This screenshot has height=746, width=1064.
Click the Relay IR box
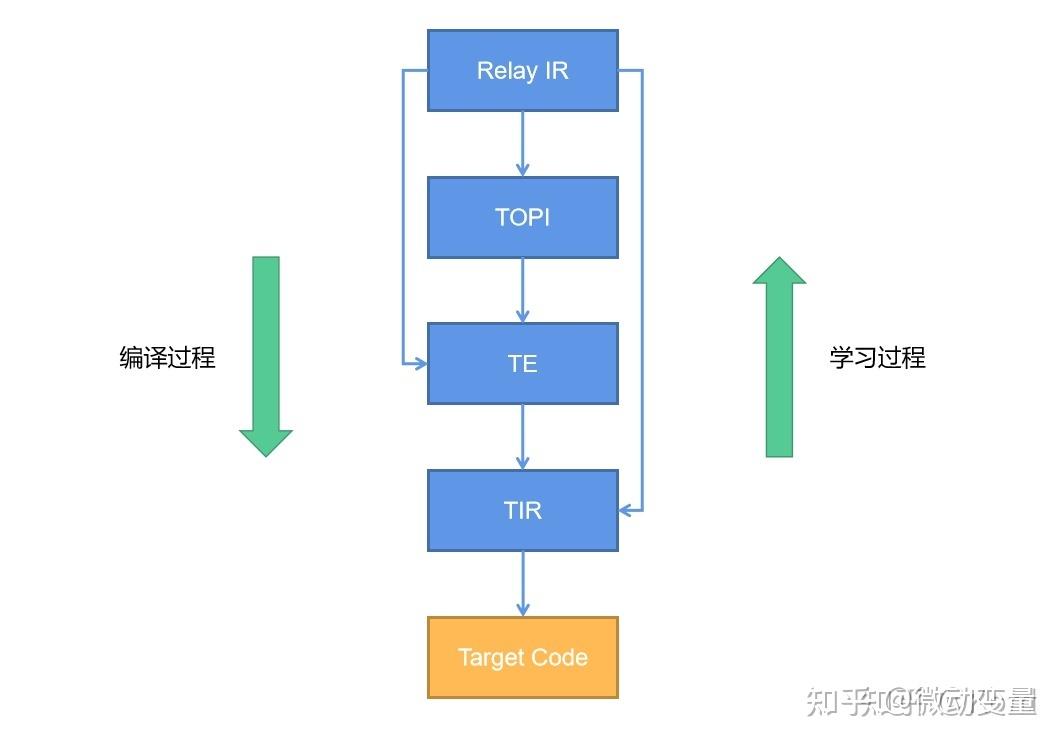click(522, 70)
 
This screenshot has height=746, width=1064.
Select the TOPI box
click(522, 217)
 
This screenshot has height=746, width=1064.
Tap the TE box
click(522, 363)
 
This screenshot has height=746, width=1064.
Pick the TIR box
click(522, 510)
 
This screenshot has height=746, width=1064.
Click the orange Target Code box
click(522, 657)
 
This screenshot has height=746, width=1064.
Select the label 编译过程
click(167, 358)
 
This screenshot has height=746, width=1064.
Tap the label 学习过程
click(877, 358)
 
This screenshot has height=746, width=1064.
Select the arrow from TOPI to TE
click(522, 290)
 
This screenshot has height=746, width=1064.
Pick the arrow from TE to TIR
click(522, 437)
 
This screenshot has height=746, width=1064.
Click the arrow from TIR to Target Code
click(522, 583)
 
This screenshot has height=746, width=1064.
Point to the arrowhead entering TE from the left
click(420, 364)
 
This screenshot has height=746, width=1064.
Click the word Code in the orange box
click(561, 657)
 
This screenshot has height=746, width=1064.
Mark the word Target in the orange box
click(491, 657)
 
